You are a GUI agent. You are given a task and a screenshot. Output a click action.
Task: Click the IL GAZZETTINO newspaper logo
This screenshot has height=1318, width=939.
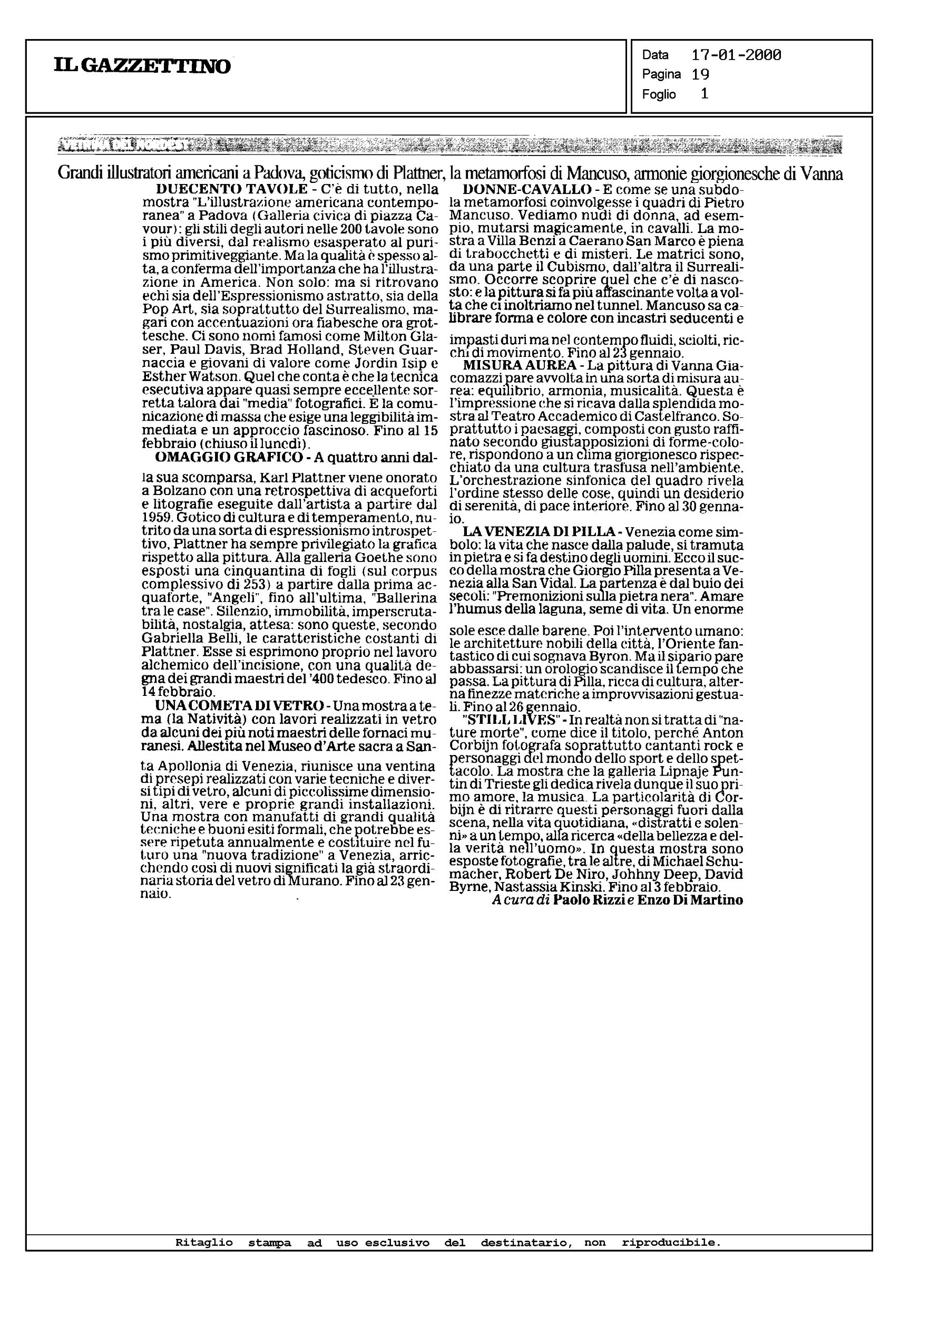pos(142,66)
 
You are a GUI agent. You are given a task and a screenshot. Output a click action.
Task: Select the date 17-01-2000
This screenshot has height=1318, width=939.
pos(736,55)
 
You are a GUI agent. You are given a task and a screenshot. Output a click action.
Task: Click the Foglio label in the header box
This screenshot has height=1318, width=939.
pos(659,94)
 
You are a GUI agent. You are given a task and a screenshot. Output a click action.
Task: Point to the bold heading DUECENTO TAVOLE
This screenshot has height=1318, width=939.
pos(231,189)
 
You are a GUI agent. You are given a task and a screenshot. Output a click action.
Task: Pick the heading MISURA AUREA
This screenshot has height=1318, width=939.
pos(520,365)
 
